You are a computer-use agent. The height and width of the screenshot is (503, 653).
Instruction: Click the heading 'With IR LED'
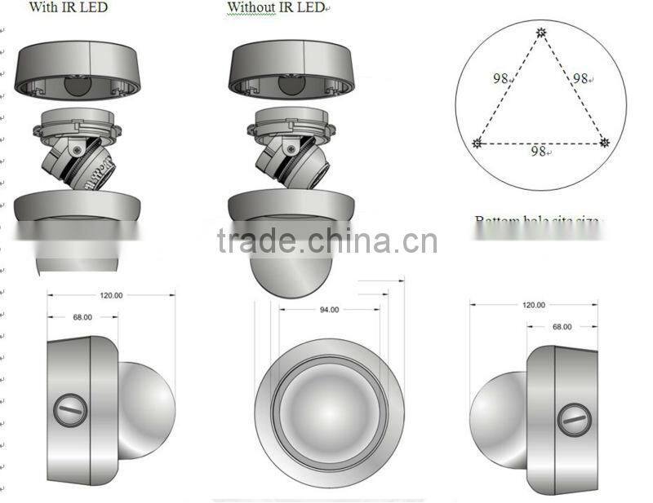[x=68, y=8]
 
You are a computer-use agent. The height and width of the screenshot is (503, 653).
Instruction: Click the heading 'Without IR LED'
[x=275, y=8]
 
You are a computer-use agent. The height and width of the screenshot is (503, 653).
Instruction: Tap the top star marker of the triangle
[x=541, y=33]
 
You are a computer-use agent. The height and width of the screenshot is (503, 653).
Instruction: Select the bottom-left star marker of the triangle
[x=478, y=143]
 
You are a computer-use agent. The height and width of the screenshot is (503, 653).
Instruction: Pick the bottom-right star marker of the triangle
[x=605, y=143]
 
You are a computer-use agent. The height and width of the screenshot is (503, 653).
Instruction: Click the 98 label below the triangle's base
[x=539, y=152]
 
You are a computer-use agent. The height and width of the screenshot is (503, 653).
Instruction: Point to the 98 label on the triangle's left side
[x=500, y=79]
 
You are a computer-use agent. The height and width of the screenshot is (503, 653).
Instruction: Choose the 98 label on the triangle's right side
[x=581, y=79]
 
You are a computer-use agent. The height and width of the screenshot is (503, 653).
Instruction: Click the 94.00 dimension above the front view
[x=329, y=310]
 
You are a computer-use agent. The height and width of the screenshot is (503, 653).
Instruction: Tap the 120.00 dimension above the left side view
[x=111, y=296]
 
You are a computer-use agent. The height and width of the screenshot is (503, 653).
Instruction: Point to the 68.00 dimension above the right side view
[x=562, y=326]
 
